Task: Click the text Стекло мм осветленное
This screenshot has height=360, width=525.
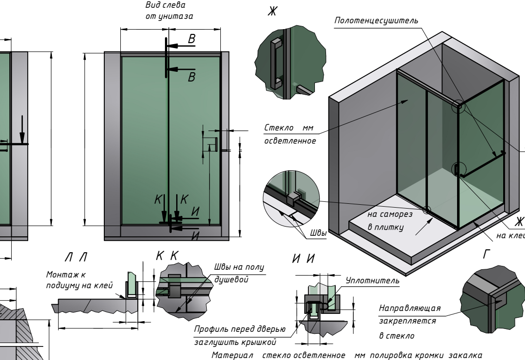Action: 289,134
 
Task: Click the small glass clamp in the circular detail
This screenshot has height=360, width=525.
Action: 292,199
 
